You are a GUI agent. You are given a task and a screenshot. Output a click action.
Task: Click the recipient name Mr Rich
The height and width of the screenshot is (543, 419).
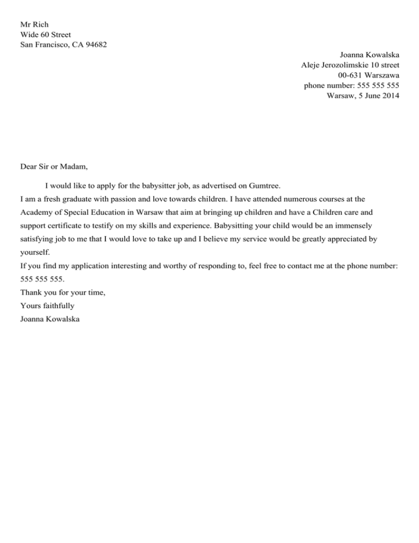click(34, 25)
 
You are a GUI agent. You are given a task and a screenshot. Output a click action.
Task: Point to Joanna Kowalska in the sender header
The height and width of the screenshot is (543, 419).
click(369, 55)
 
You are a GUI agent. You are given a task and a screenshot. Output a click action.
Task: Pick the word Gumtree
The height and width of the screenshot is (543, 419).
click(265, 186)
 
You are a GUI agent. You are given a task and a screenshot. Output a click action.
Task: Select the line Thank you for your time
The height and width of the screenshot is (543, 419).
click(63, 292)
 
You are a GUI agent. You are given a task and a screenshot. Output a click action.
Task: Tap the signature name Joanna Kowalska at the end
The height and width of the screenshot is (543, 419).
click(50, 320)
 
